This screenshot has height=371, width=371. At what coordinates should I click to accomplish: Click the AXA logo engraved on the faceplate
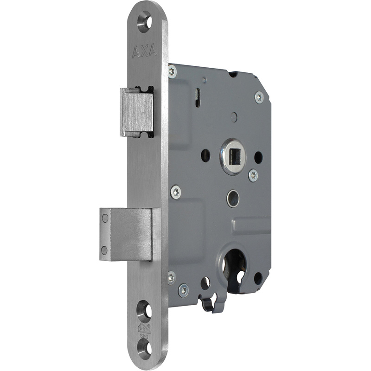coord(144,51)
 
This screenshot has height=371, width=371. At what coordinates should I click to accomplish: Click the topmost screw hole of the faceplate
coord(145,22)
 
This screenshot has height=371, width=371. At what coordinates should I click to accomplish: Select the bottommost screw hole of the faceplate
coord(145,349)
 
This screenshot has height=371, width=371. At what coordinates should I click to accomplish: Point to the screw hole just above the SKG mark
coord(145,311)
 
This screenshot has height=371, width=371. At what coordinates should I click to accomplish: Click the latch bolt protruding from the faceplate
coord(137,112)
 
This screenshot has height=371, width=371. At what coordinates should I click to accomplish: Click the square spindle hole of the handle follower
coord(233,156)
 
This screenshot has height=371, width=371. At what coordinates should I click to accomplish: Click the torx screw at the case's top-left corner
coord(172,71)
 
